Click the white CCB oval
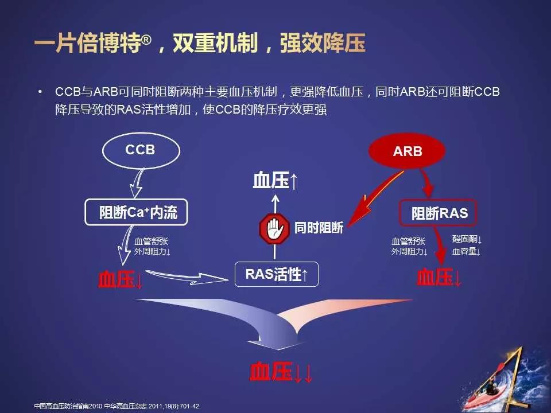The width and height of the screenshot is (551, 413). pos(139,151)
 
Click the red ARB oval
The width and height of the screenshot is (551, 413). pos(408,152)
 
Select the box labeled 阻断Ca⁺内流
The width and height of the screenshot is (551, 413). pos(138,213)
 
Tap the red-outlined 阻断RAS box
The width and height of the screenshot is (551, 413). pos(440,213)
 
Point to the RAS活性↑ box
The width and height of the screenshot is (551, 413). pos(277,275)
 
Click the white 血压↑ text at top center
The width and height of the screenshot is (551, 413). pos(275,181)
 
